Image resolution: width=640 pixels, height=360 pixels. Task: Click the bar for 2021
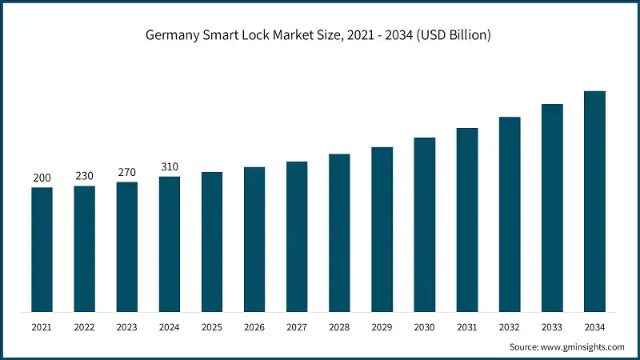[x=42, y=250]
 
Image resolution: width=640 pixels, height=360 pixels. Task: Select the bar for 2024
[x=170, y=244]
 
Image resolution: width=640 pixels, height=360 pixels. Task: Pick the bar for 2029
[x=382, y=230]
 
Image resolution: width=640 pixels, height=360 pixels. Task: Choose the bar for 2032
[x=510, y=214]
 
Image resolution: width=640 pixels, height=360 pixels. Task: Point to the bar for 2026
[x=254, y=239]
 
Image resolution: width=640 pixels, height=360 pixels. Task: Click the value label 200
[x=42, y=178]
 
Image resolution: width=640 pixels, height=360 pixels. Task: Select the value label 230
[x=84, y=176]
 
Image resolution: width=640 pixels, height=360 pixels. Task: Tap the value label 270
[x=126, y=172]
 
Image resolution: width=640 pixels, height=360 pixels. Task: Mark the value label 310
[x=170, y=166]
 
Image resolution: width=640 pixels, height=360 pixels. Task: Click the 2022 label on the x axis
[x=84, y=327]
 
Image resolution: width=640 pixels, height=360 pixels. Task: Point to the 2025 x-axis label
[x=212, y=327]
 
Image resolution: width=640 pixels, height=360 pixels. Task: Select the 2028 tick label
[x=339, y=327]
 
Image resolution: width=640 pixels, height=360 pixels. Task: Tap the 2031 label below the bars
[x=467, y=327]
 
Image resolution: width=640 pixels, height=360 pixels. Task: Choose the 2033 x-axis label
[x=552, y=327]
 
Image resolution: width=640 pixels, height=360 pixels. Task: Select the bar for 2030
[x=424, y=225]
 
